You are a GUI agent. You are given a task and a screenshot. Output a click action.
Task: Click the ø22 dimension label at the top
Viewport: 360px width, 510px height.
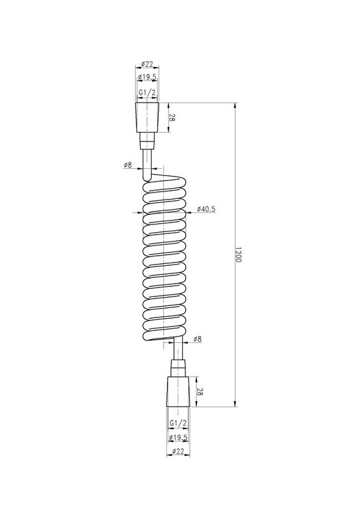(147, 64)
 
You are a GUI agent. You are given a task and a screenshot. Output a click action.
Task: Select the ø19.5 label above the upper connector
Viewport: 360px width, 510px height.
(147, 77)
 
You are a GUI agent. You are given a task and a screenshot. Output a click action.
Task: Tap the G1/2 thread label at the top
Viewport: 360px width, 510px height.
(147, 92)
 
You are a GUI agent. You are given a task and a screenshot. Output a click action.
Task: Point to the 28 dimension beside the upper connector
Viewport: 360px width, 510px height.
(172, 118)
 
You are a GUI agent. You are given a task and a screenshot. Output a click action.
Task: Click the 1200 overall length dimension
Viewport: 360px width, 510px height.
(238, 255)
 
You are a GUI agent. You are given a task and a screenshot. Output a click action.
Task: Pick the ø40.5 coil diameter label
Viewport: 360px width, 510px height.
(206, 209)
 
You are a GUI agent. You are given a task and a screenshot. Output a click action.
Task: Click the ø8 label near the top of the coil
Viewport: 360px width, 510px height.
(128, 165)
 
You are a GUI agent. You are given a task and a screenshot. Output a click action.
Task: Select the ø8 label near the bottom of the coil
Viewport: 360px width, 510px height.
(198, 339)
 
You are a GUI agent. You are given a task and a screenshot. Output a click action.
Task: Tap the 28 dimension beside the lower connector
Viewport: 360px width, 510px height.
(199, 391)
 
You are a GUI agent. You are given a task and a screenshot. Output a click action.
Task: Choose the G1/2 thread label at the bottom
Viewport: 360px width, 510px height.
(178, 423)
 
